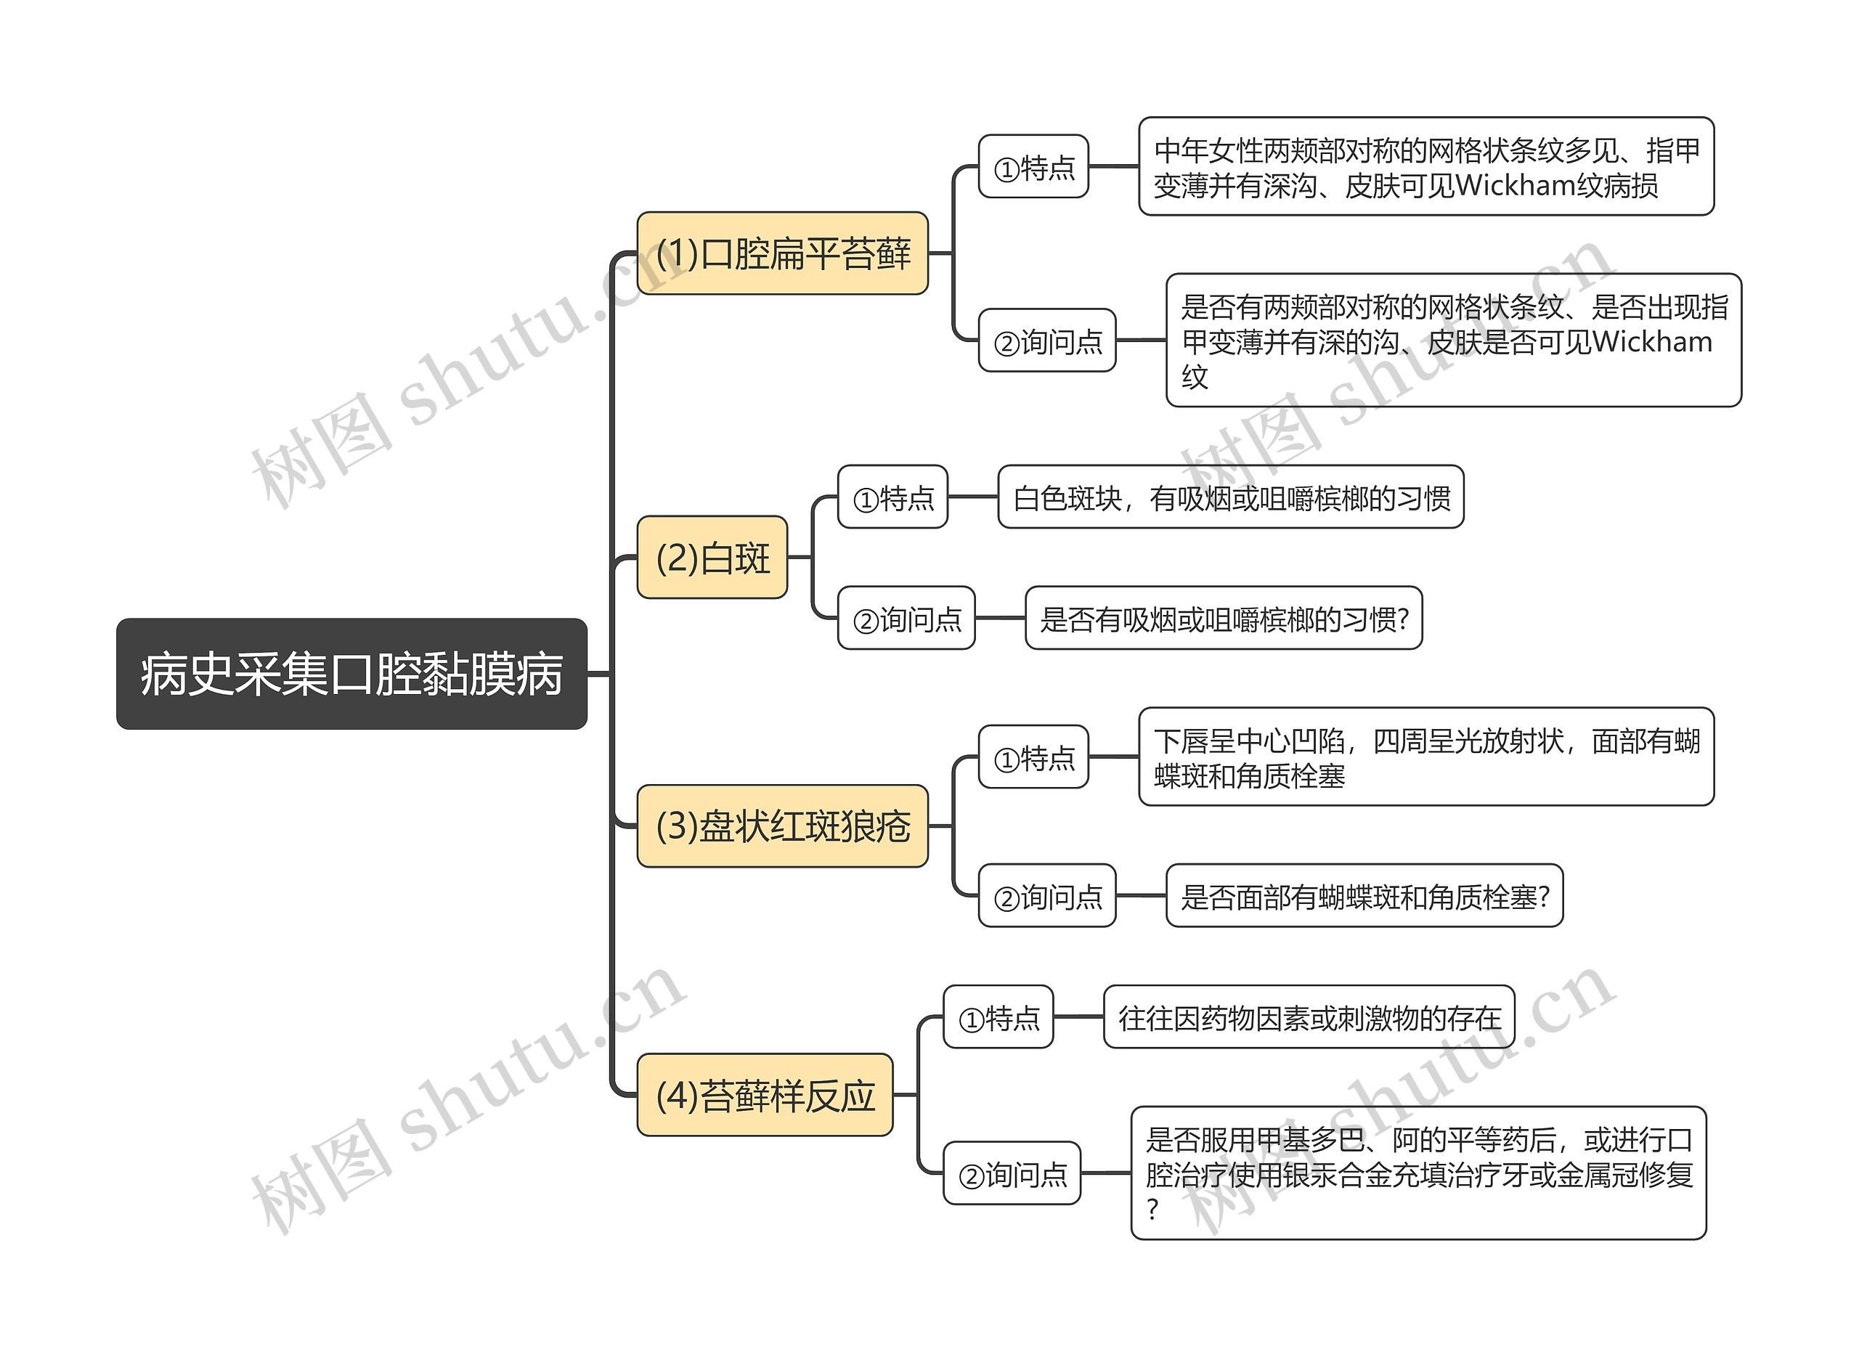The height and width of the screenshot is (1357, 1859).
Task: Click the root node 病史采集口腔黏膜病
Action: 351,674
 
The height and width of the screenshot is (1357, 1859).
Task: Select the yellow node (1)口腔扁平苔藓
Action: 782,253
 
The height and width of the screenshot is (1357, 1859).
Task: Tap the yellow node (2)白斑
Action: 712,558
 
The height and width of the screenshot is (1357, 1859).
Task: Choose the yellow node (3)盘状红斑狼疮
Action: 782,826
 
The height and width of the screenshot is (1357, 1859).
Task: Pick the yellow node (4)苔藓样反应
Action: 764,1095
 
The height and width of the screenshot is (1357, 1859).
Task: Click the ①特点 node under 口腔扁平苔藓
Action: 1033,168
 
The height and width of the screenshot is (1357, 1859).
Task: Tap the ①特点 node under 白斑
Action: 892,497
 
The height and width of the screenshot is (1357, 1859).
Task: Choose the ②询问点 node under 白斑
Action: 906,619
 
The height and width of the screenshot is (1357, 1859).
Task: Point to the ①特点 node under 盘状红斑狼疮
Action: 1033,757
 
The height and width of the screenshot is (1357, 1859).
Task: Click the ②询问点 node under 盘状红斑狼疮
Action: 1046,896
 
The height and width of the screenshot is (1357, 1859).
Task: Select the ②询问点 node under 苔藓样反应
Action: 1012,1174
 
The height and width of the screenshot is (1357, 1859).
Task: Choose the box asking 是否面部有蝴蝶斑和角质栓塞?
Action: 1364,896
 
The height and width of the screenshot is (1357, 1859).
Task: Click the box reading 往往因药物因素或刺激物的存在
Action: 1309,1018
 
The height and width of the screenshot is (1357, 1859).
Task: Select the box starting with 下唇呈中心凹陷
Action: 1425,757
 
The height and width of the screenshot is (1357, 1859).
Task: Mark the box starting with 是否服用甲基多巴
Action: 1418,1174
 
